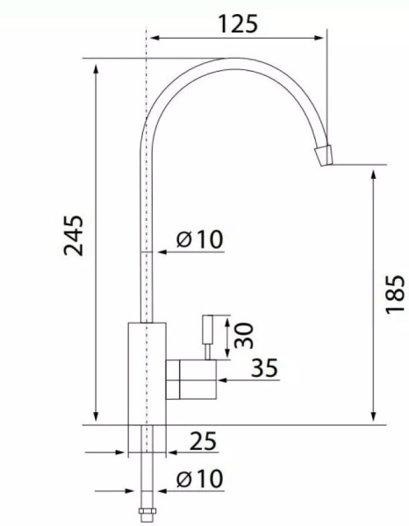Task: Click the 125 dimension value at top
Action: [238, 24]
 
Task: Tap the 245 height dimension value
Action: [74, 236]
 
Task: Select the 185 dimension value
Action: [395, 295]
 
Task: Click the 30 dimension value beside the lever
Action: [243, 336]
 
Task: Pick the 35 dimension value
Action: [264, 367]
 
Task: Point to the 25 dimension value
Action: [203, 441]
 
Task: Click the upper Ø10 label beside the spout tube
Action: [199, 239]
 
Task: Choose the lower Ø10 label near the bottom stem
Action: [199, 478]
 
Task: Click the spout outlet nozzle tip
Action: [324, 156]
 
